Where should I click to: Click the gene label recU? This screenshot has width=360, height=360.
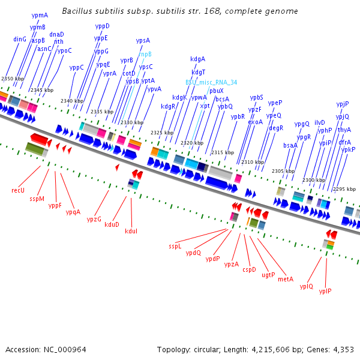(18, 190)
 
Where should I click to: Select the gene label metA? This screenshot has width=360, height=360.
(286, 279)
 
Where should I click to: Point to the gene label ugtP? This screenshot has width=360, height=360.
(268, 275)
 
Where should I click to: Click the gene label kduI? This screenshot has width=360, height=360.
(131, 231)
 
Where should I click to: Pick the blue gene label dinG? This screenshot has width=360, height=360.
(20, 39)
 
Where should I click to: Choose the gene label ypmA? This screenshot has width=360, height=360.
(40, 15)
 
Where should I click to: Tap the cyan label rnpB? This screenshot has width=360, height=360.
(145, 54)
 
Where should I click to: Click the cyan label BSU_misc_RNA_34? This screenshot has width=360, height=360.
(211, 82)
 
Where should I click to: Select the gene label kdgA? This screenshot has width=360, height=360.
(197, 59)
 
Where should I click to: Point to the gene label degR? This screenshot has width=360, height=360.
(276, 128)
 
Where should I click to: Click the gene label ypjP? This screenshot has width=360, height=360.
(343, 104)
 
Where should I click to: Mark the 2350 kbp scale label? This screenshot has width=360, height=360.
(12, 79)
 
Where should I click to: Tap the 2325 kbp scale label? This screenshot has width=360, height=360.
(161, 133)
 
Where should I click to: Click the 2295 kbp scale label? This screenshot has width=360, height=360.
(344, 189)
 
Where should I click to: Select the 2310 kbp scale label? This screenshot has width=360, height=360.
(252, 162)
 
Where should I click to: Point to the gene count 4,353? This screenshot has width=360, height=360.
(343, 349)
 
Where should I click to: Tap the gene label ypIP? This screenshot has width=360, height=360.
(325, 291)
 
